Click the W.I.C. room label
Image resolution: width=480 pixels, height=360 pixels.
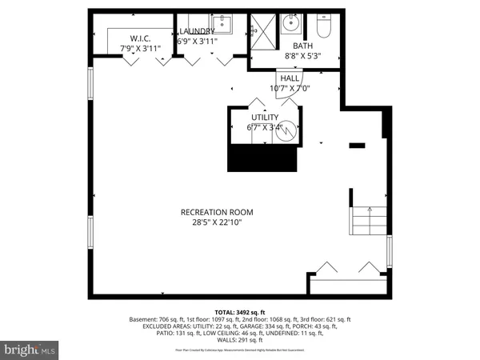140,38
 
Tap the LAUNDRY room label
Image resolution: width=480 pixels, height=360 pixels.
197,31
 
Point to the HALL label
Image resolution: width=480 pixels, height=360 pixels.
289,78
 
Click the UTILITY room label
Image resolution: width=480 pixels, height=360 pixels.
265,117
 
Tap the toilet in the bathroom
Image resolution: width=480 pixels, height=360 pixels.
324,26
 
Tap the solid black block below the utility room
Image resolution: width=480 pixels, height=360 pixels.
263,158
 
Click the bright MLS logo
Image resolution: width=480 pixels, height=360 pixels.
30,350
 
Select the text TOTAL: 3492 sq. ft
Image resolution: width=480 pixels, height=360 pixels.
239,311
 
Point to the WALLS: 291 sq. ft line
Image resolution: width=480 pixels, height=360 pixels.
240,342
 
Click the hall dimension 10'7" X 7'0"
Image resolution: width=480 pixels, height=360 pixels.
289,88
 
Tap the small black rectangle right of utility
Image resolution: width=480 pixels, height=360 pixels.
357,145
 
